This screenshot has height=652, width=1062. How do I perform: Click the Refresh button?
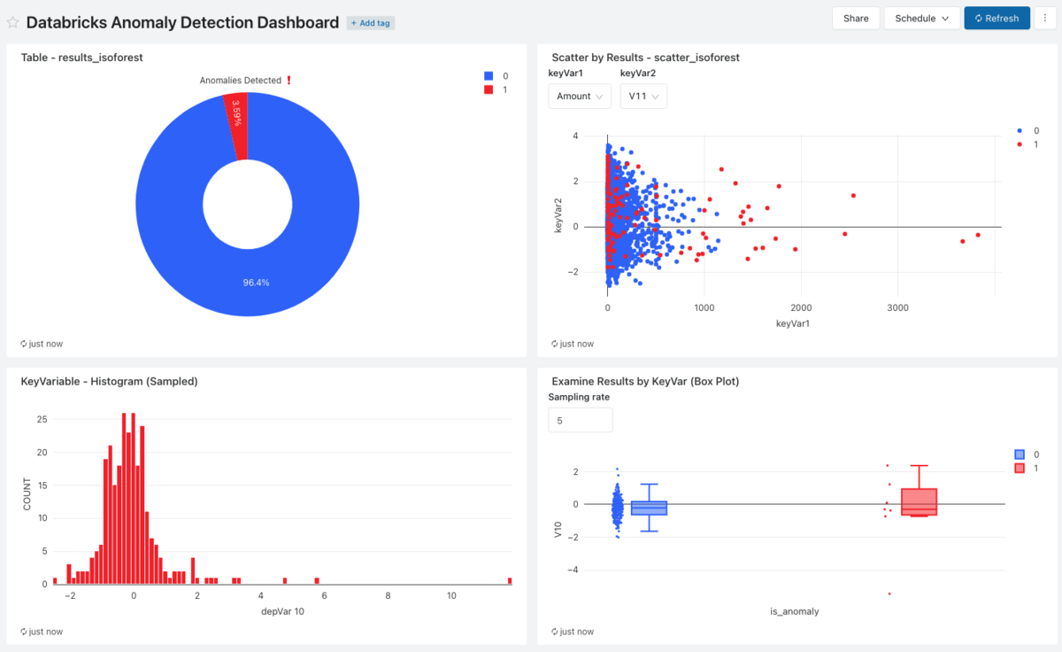point(997,18)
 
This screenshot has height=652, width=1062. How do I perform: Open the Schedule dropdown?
point(921,18)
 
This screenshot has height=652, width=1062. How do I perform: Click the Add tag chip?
point(371,23)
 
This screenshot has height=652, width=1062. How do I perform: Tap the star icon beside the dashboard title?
point(13,23)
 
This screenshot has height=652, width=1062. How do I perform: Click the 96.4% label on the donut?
point(256,283)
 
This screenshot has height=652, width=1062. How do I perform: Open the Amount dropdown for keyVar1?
point(580,96)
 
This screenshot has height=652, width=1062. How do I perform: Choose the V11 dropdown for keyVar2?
point(643,96)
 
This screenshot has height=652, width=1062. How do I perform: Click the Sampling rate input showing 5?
point(580,420)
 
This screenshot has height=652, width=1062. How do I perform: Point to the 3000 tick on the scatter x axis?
point(897,307)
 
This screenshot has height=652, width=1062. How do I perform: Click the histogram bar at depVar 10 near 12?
point(510,580)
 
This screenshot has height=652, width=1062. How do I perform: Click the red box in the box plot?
point(919,501)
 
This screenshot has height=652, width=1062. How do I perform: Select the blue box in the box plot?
point(649,508)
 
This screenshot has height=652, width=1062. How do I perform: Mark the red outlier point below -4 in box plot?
point(889,594)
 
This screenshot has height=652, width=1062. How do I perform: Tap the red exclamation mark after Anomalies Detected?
point(289,80)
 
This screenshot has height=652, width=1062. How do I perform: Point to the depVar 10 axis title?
point(282,611)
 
